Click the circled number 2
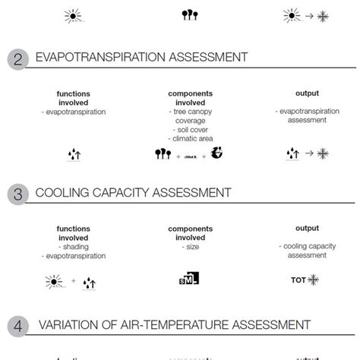pyautogui.click(x=17, y=58)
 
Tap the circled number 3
pyautogui.click(x=17, y=194)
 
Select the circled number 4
pyautogui.click(x=17, y=326)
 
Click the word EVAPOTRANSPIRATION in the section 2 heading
pyautogui.click(x=99, y=57)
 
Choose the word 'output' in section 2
pyautogui.click(x=307, y=94)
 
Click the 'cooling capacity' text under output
pyautogui.click(x=307, y=247)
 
